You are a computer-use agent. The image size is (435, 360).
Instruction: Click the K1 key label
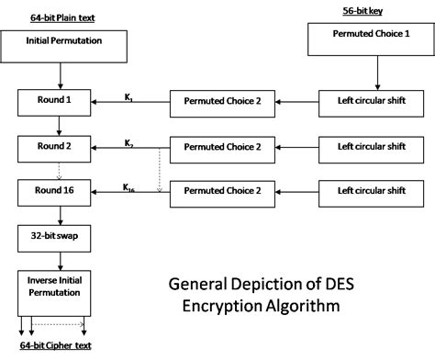pyautogui.click(x=130, y=95)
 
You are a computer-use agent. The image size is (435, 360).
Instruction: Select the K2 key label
pyautogui.click(x=130, y=142)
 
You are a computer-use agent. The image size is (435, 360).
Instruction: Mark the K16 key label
pyautogui.click(x=130, y=187)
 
